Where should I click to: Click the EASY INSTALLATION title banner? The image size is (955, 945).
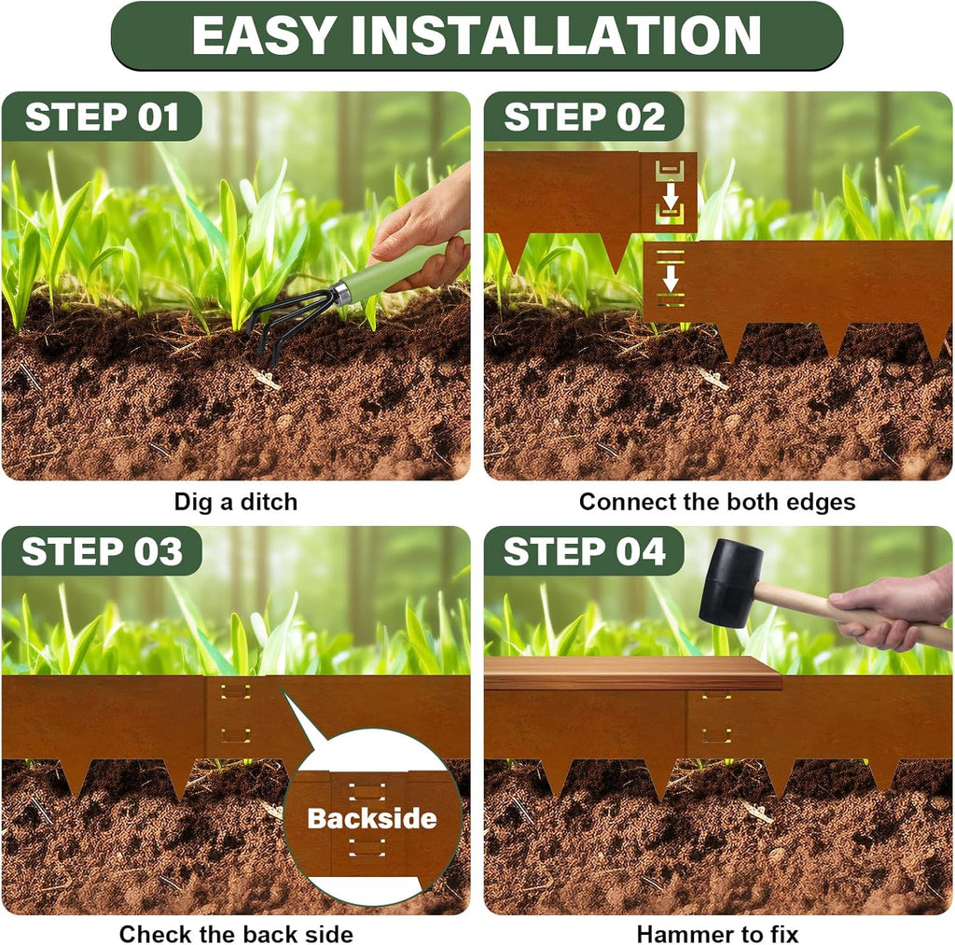point(477,35)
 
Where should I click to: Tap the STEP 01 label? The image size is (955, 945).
point(101,118)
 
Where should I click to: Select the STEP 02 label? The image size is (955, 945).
point(585,118)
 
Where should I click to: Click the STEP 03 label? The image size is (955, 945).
point(101,551)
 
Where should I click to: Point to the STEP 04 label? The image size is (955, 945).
point(585,551)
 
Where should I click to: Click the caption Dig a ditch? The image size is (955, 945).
point(235,502)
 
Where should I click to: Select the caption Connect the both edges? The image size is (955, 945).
point(716,502)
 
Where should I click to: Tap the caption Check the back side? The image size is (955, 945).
point(235,933)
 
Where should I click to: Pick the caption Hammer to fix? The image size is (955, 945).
point(716,933)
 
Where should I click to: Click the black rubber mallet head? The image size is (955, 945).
point(730,583)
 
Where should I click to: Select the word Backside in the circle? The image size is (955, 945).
point(371,819)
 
